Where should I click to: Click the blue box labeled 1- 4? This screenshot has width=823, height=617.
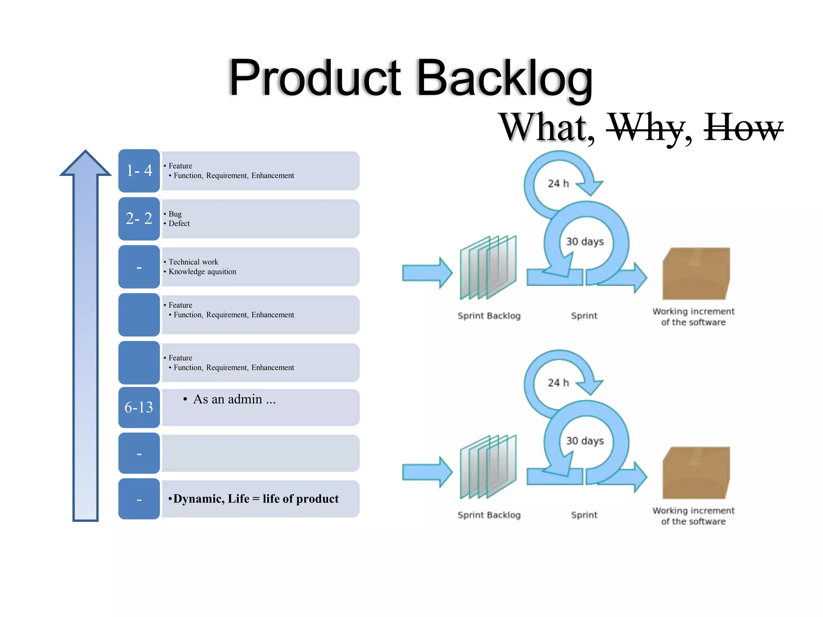[x=139, y=171]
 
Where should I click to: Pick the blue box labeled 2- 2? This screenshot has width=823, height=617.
[x=139, y=219]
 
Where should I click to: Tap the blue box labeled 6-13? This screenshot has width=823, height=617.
[x=139, y=408]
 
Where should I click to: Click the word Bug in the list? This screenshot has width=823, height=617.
[x=175, y=214]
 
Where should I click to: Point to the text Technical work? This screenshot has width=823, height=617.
[x=193, y=262]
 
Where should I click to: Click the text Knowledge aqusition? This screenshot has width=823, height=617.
[x=202, y=272]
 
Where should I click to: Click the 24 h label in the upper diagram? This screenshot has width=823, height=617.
[x=558, y=184]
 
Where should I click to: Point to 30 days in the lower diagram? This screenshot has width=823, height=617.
[x=585, y=441]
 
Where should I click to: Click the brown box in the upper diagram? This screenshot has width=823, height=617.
[x=696, y=274]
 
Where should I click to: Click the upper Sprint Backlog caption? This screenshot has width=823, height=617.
[x=489, y=316]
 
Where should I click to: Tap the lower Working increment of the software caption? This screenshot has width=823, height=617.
[x=693, y=516]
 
